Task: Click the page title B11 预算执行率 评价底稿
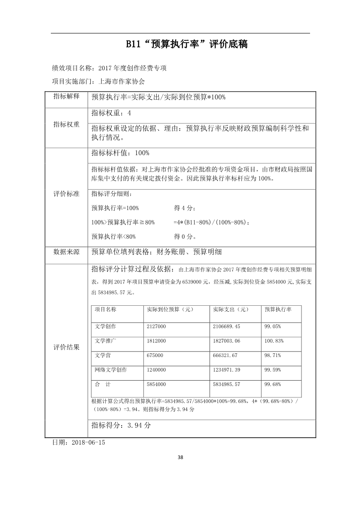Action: coord(180,44)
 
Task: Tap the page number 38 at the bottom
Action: coord(180,457)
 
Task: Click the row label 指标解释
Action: coord(66,97)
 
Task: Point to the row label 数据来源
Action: coord(66,252)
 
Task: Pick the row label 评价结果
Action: coord(66,347)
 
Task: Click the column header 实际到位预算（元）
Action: coord(170,309)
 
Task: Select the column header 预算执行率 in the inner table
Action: coord(278,309)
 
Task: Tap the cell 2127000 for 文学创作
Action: coord(156,326)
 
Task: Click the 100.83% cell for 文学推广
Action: coord(274,341)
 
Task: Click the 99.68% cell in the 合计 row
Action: coord(272,384)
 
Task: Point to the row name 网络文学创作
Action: coord(111,370)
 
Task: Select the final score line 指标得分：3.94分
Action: coord(121,426)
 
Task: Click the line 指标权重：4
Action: coord(111,113)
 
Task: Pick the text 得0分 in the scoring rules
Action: coord(185,236)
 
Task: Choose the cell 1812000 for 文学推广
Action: coord(156,341)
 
